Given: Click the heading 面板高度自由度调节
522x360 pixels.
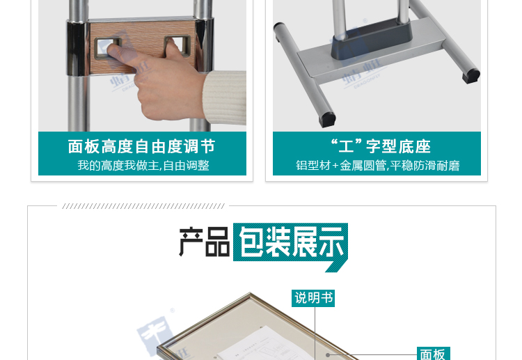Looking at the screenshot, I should (x=141, y=146).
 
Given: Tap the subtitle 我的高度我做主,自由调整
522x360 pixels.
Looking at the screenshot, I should (x=143, y=166).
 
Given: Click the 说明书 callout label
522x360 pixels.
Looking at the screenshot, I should (x=314, y=298).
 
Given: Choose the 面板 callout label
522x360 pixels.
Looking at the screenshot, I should (x=433, y=354).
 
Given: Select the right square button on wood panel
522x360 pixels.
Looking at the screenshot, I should (x=176, y=47).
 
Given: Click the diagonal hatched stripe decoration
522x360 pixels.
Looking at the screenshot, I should (x=143, y=206).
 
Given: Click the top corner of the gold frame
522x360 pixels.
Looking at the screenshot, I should (x=248, y=295).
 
